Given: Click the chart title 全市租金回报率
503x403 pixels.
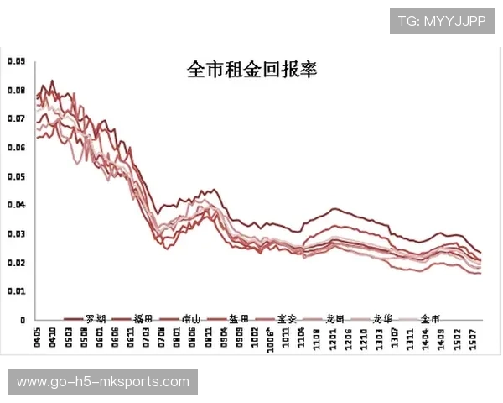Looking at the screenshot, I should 251,70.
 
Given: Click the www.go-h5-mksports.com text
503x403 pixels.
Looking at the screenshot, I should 103,383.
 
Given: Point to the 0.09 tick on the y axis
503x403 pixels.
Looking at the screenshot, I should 16,61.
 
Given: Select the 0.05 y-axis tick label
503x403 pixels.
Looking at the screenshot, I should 16,176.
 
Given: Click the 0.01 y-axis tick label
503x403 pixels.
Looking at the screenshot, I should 16,291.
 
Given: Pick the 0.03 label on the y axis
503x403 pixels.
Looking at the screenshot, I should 16,234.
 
